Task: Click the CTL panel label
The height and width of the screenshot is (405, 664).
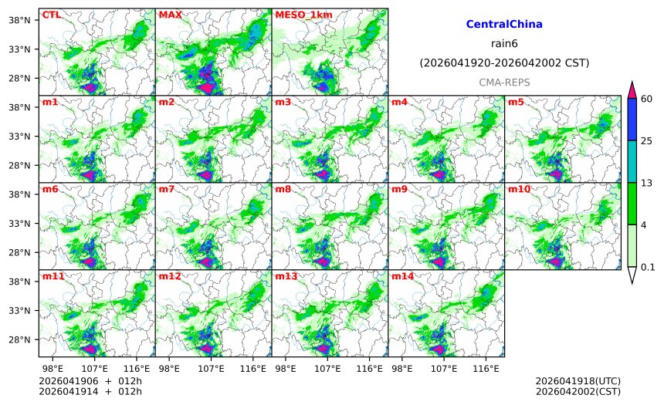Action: (51, 15)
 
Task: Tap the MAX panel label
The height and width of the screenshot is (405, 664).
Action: (170, 15)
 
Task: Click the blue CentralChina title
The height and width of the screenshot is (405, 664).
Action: (504, 25)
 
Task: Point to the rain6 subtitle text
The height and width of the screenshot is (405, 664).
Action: (504, 44)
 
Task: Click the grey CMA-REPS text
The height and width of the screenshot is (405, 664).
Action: (504, 82)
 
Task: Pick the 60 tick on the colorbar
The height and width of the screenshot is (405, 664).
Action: (647, 98)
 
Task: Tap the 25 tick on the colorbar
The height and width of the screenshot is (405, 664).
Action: (647, 140)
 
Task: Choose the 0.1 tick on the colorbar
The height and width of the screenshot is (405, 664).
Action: (648, 268)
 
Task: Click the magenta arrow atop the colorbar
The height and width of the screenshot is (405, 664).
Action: (632, 89)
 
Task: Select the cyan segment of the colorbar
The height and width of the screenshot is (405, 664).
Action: (632, 161)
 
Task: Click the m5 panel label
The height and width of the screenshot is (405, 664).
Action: (516, 102)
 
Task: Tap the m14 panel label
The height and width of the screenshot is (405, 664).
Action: (401, 276)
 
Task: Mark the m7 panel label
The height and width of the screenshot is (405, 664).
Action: (167, 189)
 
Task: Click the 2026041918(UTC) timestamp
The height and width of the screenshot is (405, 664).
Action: (578, 381)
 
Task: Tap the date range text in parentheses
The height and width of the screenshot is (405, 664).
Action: (504, 62)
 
